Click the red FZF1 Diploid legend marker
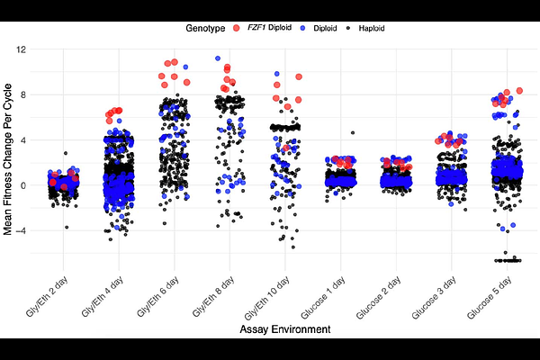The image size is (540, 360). pyautogui.click(x=237, y=28)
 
